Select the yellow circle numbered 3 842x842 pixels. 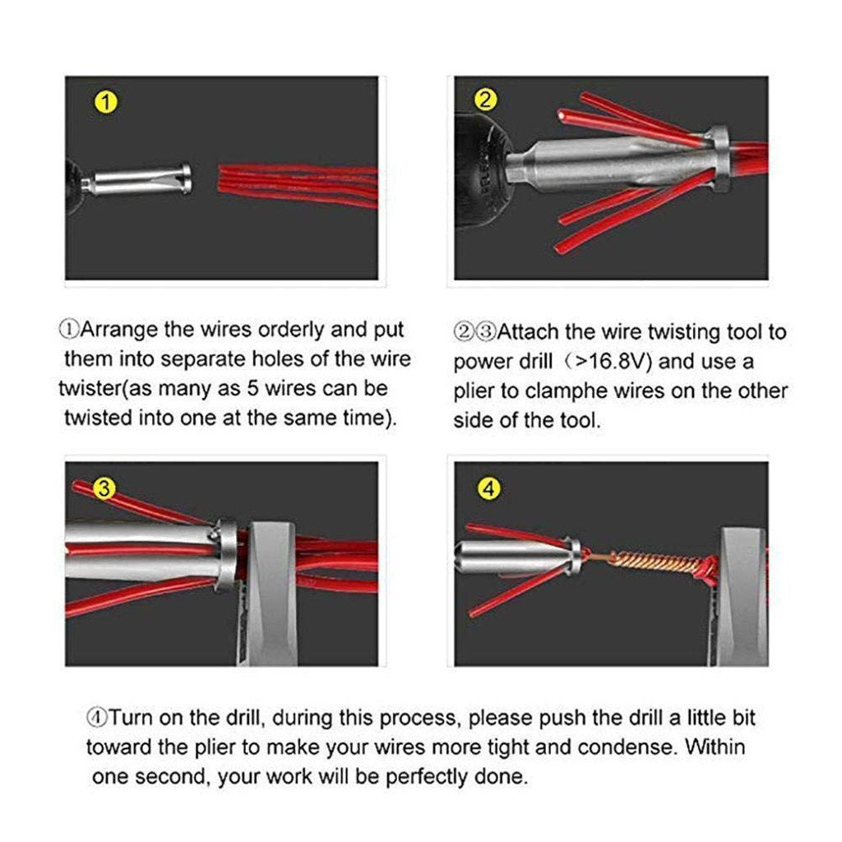[104, 488]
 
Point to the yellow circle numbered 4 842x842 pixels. [489, 488]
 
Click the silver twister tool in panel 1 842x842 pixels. [140, 179]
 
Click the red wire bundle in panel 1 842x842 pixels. [296, 184]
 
